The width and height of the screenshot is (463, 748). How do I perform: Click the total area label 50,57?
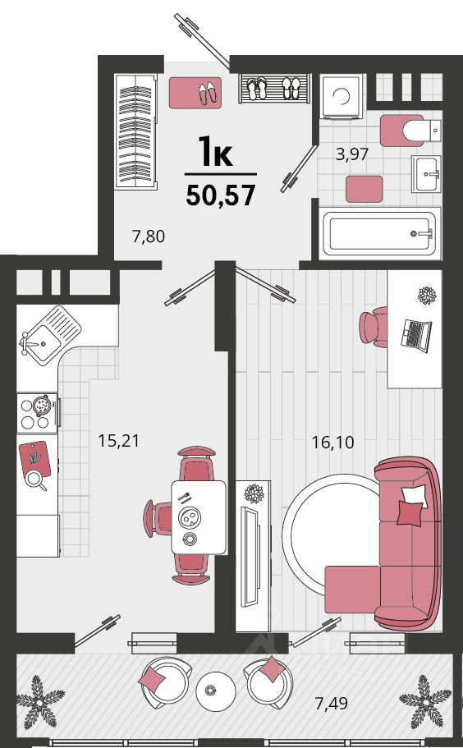pyautogui.click(x=221, y=195)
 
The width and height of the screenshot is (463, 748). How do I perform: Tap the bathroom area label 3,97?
pyautogui.click(x=352, y=154)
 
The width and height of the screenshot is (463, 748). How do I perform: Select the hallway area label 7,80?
pyautogui.click(x=149, y=236)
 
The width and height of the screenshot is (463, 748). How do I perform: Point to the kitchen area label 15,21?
pyautogui.click(x=119, y=440)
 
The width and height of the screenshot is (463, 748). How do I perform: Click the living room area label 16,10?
pyautogui.click(x=332, y=443)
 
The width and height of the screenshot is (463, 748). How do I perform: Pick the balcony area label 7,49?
pyautogui.click(x=332, y=703)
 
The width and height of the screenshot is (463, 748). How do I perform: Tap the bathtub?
pyautogui.click(x=380, y=233)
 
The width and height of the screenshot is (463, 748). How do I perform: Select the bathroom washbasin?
pyautogui.click(x=427, y=173)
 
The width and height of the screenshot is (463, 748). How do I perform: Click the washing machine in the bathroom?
pyautogui.click(x=342, y=96)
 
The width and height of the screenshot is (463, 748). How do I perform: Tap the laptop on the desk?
pyautogui.click(x=415, y=335)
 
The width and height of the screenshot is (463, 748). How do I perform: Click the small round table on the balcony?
pyautogui.click(x=216, y=691)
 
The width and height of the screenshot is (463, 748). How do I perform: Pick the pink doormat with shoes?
pyautogui.click(x=195, y=93)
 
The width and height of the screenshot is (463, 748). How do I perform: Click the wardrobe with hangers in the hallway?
pyautogui.click(x=135, y=132)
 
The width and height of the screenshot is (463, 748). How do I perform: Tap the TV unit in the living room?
pyautogui.click(x=253, y=556)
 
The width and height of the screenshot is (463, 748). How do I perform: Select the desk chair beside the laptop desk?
pyautogui.click(x=374, y=327)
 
